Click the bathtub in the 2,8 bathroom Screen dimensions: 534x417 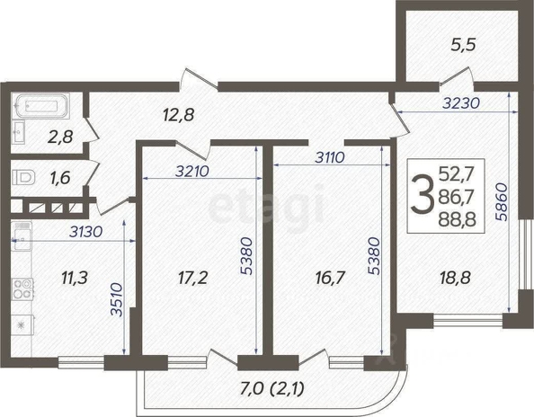point(41,106)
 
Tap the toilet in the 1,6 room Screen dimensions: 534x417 point(24,177)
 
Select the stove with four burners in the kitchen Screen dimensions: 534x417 point(22,288)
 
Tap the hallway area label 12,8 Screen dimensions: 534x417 point(179,115)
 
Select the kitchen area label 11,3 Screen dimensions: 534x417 point(75,278)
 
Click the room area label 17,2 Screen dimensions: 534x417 point(192,278)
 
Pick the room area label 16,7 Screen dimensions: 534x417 point(330,278)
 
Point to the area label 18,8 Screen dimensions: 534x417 point(455,278)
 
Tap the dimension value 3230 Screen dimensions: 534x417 point(461,102)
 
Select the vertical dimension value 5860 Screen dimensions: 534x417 point(502,202)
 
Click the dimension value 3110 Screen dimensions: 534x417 point(330,157)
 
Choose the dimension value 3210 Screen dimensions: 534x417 point(192,172)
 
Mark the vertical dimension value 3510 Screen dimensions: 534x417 point(117,299)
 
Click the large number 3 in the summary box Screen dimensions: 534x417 point(422,195)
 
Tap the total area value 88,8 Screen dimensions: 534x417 point(457,219)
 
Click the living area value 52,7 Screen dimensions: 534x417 point(457,174)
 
